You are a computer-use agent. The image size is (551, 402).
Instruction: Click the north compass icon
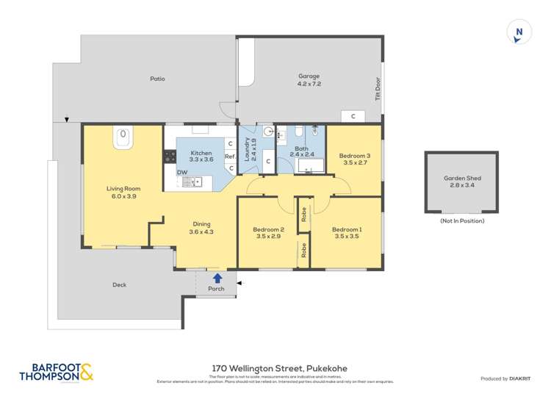pos(519,32)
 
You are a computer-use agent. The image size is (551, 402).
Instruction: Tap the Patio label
pos(157,79)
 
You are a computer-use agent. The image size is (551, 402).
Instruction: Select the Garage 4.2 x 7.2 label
pos(309,79)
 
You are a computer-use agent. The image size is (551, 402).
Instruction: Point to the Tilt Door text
pos(378,89)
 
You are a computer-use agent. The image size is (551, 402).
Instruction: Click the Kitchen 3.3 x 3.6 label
pos(201,155)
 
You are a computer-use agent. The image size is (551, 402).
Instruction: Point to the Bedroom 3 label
pos(354,159)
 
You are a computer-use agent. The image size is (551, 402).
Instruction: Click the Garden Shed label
pos(461,182)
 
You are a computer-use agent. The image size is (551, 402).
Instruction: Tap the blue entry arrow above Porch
pos(217,278)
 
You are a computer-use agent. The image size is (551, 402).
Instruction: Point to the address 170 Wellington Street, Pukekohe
pos(275,368)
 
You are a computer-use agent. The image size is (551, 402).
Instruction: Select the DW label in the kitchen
pos(181,172)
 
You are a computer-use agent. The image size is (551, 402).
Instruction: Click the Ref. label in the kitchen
pos(229,156)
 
